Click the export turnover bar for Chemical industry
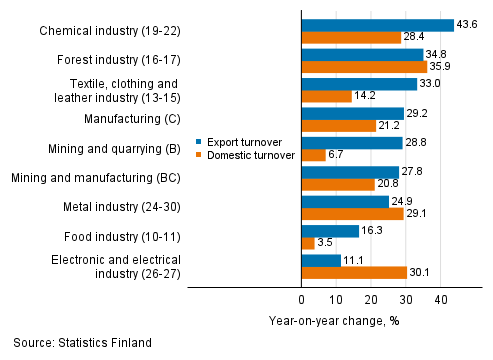[377, 24]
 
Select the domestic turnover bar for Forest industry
[363, 67]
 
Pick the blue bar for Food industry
[329, 230]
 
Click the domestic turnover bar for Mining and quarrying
[313, 156]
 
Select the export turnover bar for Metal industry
[344, 202]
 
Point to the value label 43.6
[468, 24]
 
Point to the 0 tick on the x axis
[302, 299]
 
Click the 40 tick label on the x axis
[440, 299]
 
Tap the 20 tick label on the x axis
[371, 299]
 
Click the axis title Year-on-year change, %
[335, 320]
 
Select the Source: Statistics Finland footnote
[83, 343]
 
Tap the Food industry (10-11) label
[125, 238]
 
